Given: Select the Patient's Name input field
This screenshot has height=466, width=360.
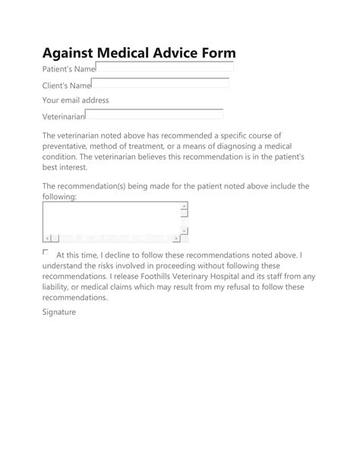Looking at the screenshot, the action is pos(165,68).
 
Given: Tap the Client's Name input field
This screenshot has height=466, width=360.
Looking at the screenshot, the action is pos(160,84).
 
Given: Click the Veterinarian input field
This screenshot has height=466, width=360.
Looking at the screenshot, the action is pos(154,115).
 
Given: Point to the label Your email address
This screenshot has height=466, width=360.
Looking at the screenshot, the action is pos(76,100).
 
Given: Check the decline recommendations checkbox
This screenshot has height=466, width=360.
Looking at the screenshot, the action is pos(46,252).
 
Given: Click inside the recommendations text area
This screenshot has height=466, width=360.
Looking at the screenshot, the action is pos(110,217).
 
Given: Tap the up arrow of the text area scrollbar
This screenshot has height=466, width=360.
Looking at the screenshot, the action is pos(185,206).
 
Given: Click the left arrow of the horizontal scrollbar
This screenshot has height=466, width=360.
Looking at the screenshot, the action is pos(47,238).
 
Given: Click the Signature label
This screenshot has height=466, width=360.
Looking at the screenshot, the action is pos(59,312).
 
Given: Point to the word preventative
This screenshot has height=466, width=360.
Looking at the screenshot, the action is pos(68,146).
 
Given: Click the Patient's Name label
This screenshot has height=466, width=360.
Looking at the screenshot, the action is pos(68,69).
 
